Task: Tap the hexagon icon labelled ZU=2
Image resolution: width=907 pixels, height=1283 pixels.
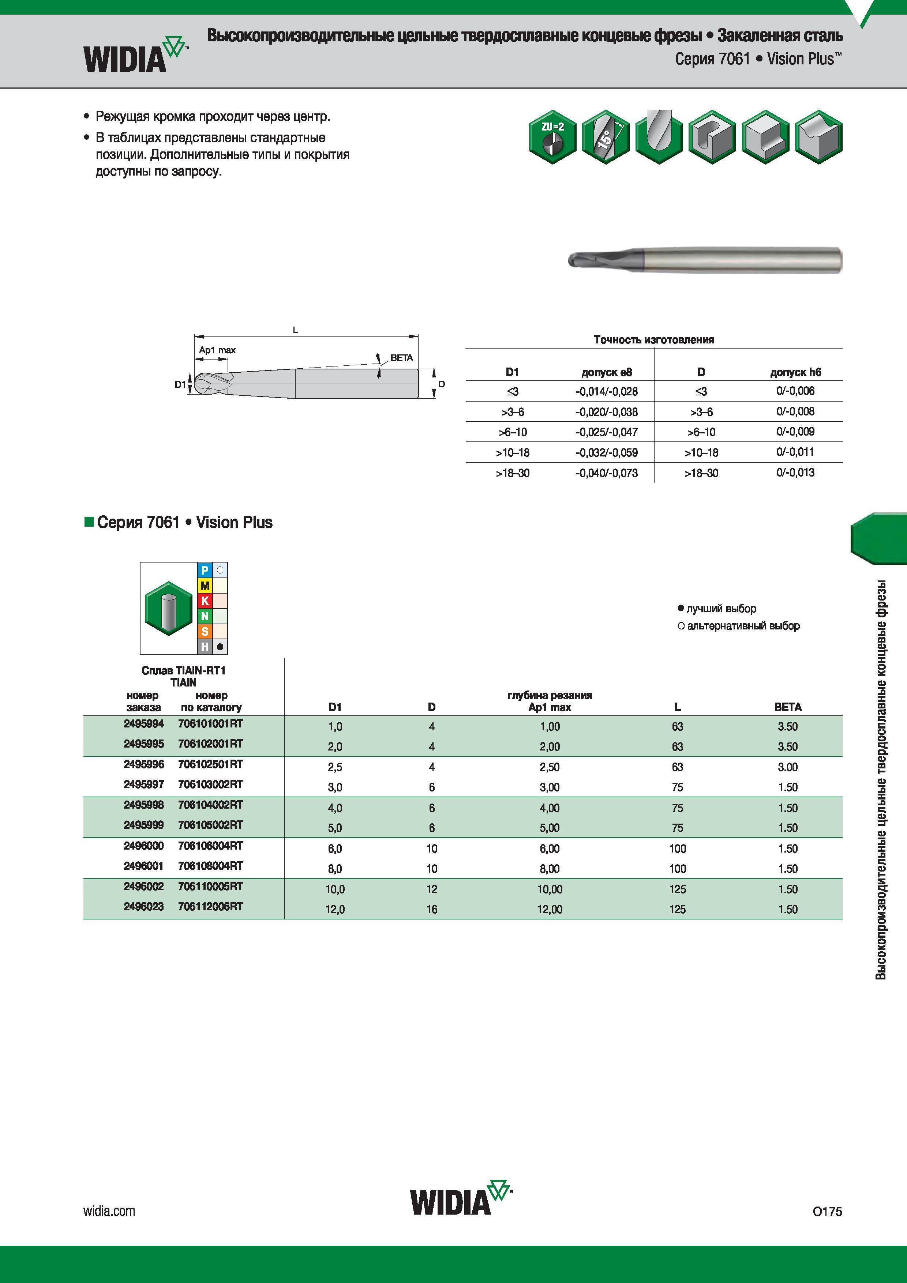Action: point(552,137)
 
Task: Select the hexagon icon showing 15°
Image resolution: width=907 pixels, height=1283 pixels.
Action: point(605,137)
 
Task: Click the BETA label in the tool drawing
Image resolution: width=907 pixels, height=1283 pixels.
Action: point(401,358)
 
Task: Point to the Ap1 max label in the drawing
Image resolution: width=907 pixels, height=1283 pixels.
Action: point(217,350)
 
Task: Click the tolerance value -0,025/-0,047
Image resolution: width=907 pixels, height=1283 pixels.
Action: point(606,432)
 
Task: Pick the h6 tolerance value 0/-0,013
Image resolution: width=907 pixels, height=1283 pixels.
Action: point(795,473)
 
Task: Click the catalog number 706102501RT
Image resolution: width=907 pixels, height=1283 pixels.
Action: point(211,764)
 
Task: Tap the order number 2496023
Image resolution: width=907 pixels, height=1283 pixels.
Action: point(144,906)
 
